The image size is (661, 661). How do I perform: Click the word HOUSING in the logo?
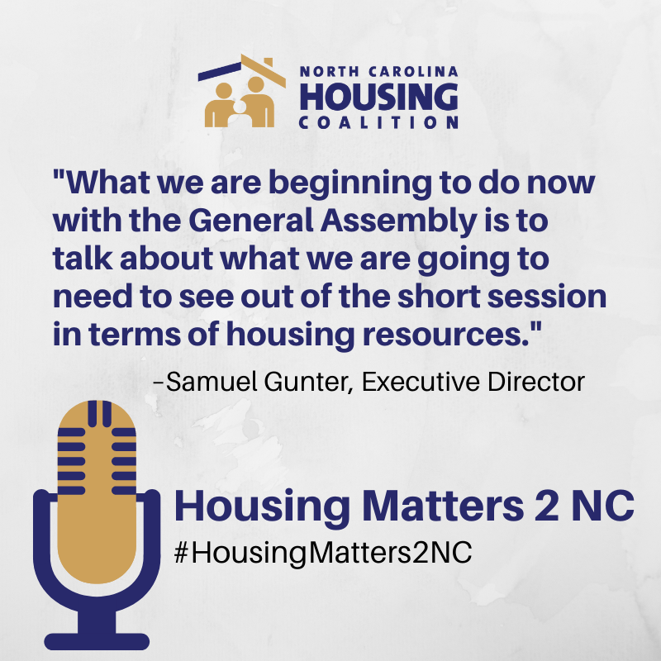pyautogui.click(x=378, y=97)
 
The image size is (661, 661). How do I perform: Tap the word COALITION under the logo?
pyautogui.click(x=378, y=122)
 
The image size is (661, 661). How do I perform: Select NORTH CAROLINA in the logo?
pyautogui.click(x=378, y=72)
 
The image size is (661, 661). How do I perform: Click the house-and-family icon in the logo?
pyautogui.click(x=241, y=91)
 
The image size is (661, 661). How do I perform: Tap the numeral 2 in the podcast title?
pyautogui.click(x=546, y=506)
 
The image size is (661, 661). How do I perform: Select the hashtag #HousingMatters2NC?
pyautogui.click(x=323, y=553)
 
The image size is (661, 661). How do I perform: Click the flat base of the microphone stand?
pyautogui.click(x=97, y=641)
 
